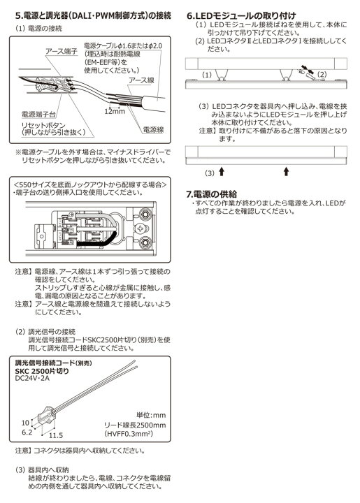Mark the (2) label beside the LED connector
click(x=322, y=74)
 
